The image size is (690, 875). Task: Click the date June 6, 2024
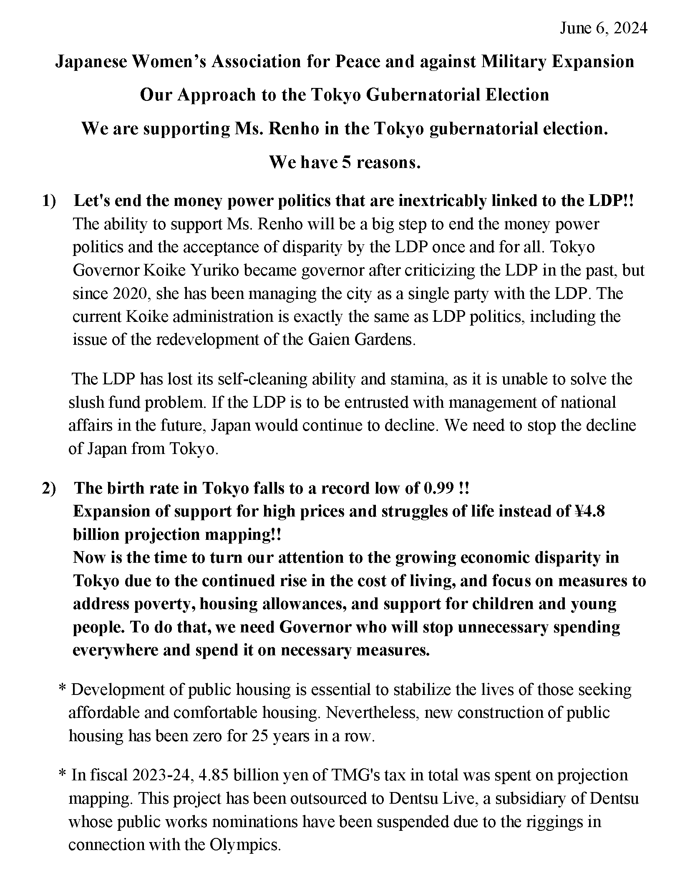[x=603, y=28]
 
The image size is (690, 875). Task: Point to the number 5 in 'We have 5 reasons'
[x=346, y=162]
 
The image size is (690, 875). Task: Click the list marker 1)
[x=49, y=201]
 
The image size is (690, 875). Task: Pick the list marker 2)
[x=49, y=488]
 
